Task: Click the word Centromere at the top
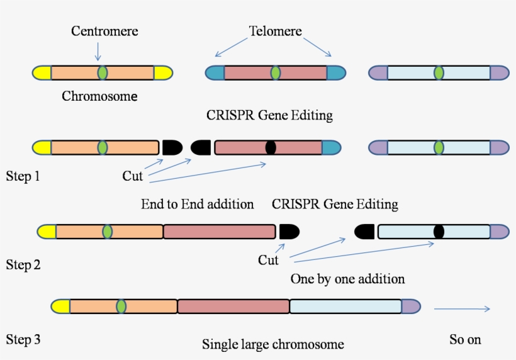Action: [x=104, y=31]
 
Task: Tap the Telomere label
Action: [x=275, y=31]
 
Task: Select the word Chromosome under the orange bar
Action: [x=99, y=96]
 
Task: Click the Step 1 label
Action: [x=23, y=176]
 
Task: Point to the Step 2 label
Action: [x=23, y=265]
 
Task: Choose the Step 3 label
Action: [x=23, y=340]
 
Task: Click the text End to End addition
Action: [x=197, y=205]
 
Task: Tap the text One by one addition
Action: [x=347, y=278]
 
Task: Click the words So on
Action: [x=465, y=339]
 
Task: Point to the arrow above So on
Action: [x=462, y=308]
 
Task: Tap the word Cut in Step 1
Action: [x=132, y=176]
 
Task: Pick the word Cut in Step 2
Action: [x=268, y=260]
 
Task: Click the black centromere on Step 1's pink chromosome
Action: [x=271, y=147]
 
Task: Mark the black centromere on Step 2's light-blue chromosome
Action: [x=439, y=232]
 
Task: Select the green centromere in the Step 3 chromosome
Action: [x=121, y=307]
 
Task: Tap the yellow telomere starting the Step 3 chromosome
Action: [x=60, y=307]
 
